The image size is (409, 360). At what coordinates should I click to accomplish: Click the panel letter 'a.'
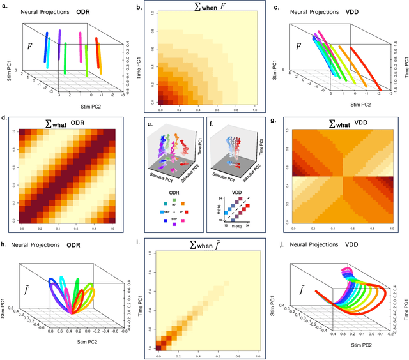coord(6,7)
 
